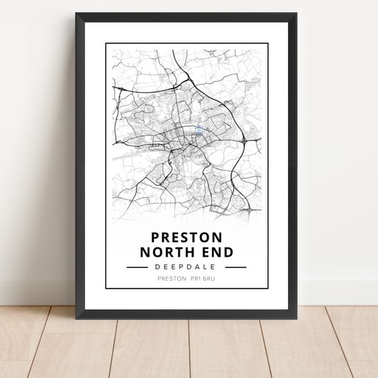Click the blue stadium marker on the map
click(199, 130)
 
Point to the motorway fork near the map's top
click(183, 72)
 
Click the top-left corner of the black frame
click(77, 13)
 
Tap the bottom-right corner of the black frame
click(297, 317)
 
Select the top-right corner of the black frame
click(297, 13)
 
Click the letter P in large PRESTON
click(156, 237)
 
